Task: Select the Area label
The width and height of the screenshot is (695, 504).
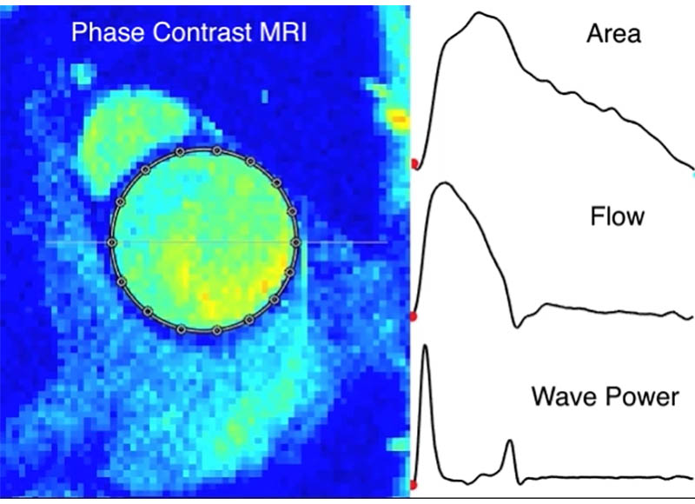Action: pos(613,35)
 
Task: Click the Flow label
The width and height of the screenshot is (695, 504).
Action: pos(617,216)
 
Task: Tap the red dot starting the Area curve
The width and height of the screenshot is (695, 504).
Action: pos(414,163)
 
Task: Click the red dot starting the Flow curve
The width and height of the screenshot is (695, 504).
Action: pos(414,318)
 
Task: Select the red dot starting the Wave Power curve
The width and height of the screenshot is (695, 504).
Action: pos(414,484)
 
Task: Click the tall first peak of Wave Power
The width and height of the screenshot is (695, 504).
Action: pos(426,348)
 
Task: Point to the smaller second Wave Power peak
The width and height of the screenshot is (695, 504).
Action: pos(510,442)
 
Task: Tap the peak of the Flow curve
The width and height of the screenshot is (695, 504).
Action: pos(443,183)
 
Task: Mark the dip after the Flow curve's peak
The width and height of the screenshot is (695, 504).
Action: pos(518,327)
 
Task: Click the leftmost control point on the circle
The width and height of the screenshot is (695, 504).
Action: pos(111,242)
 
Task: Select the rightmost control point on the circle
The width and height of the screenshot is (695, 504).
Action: pos(295,242)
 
